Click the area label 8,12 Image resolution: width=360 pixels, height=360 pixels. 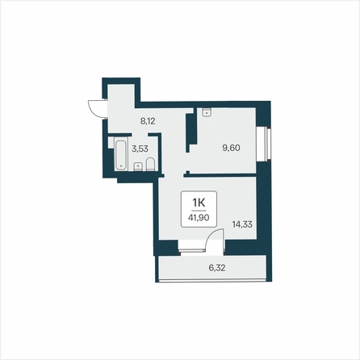[x=148, y=121]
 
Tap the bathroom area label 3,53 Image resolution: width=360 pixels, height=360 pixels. [x=140, y=149]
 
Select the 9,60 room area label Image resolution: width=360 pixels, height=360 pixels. [x=231, y=148]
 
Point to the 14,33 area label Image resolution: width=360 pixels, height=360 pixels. [x=242, y=224]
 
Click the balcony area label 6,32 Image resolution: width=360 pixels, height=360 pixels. [x=217, y=268]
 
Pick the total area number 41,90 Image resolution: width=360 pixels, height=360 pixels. [x=199, y=217]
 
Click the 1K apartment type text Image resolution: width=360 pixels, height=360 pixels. [x=199, y=202]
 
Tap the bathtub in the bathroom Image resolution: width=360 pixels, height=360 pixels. [x=121, y=155]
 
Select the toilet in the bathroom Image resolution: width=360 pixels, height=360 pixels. [x=151, y=164]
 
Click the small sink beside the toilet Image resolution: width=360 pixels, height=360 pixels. [x=138, y=167]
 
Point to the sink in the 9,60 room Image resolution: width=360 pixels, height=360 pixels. [x=207, y=112]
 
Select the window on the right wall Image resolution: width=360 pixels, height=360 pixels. [x=267, y=144]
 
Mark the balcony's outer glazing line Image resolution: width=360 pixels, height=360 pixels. [x=212, y=281]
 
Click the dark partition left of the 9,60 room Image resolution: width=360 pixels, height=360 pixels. [x=191, y=132]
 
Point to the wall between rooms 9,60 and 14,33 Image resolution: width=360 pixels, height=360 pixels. [x=220, y=175]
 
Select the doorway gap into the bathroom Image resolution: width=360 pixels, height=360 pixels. [x=140, y=135]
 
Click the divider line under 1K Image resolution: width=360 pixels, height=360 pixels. [x=199, y=211]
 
